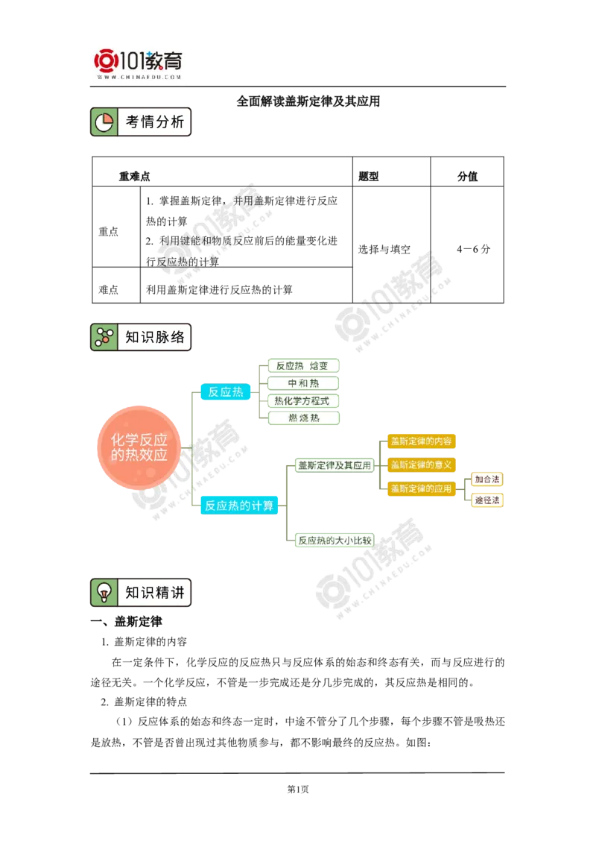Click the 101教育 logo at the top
(x=139, y=63)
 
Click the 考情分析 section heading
(x=154, y=122)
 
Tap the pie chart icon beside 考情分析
(x=104, y=122)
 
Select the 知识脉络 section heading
(x=154, y=337)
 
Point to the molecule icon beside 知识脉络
(x=104, y=337)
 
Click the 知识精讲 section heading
(x=154, y=593)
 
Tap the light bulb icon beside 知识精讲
(x=104, y=593)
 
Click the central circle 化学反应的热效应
(x=139, y=447)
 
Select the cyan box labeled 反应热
(x=226, y=391)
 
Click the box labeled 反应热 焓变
(x=302, y=365)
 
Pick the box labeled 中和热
(x=302, y=383)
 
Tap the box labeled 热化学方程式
(x=302, y=400)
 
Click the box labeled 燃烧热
(x=302, y=418)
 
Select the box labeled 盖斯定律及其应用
(x=334, y=465)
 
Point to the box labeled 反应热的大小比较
(x=334, y=541)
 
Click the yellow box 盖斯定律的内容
(x=421, y=441)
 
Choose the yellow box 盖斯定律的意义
(x=421, y=464)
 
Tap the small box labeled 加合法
(x=487, y=479)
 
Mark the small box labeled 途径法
(x=487, y=500)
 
